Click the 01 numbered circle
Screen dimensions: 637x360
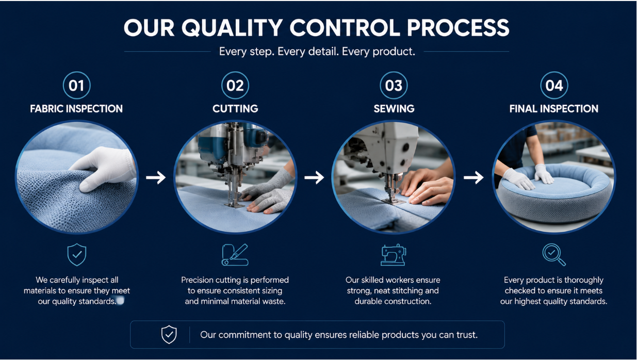point(76,85)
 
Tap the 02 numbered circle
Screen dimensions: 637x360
point(235,85)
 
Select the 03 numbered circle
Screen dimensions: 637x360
point(394,85)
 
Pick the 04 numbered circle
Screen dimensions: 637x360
point(554,85)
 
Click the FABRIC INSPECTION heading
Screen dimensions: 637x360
point(76,109)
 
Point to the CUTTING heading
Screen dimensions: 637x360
point(235,109)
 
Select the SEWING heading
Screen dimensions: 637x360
point(394,109)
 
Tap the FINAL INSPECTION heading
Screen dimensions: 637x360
point(553,109)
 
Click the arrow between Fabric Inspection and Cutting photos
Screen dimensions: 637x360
point(156,177)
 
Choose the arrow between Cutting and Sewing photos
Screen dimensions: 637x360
point(314,177)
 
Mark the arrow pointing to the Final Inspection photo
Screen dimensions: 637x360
point(473,177)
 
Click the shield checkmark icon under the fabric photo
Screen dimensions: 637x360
point(77,254)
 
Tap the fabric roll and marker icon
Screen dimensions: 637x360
point(235,255)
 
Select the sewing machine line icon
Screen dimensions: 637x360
point(394,255)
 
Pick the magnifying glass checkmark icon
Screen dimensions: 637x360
point(554,255)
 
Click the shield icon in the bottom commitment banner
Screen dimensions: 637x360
point(169,335)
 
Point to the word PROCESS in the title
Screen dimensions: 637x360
point(458,28)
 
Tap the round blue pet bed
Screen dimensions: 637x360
point(554,193)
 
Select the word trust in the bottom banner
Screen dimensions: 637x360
point(466,335)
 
